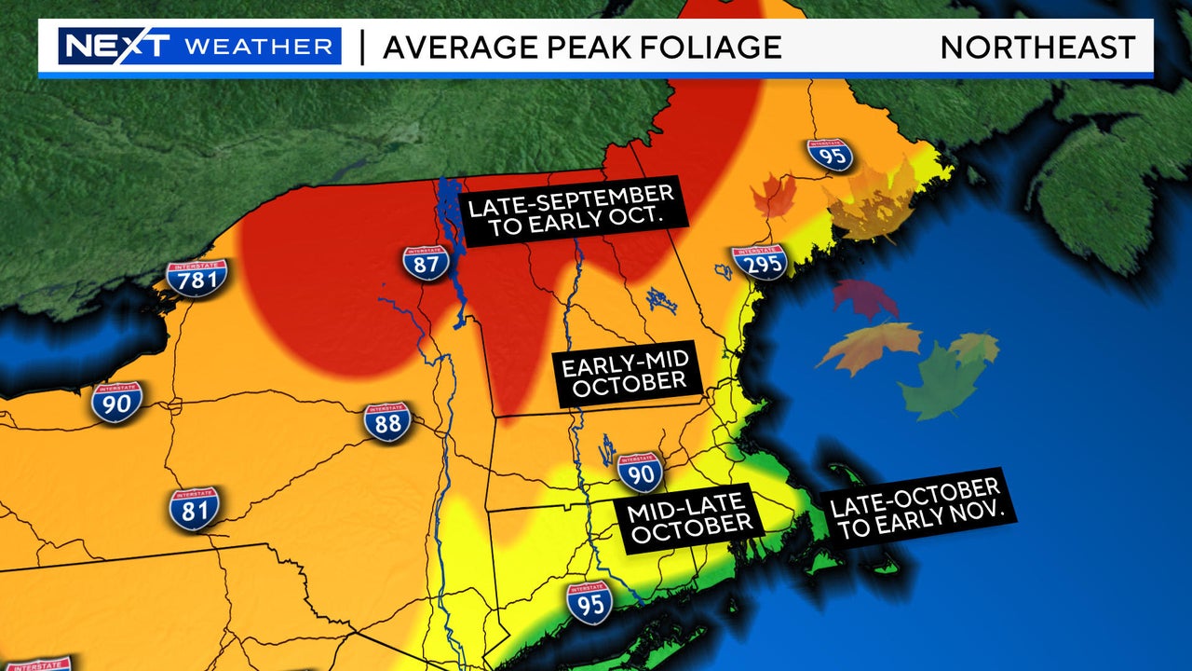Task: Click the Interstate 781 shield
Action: (196, 278)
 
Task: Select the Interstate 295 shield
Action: (759, 262)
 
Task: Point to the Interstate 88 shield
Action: (387, 421)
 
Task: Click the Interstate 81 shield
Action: (194, 508)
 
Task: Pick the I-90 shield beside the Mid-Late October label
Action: (640, 472)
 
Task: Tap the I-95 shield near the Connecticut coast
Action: (589, 602)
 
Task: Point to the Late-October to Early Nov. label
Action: (914, 509)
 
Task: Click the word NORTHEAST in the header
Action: (1037, 47)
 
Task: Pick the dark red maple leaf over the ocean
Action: (864, 299)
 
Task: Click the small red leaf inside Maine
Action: (774, 197)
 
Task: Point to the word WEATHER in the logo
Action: (258, 47)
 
